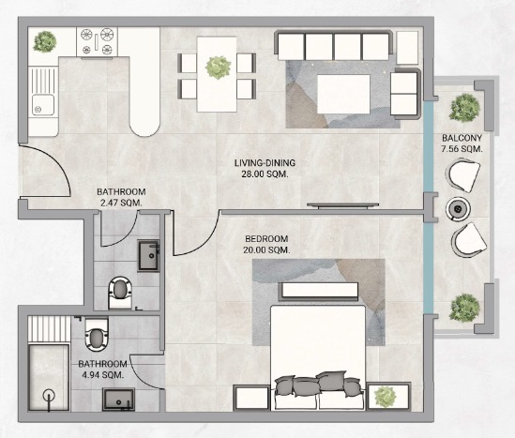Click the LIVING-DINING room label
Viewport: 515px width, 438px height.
[x=265, y=163]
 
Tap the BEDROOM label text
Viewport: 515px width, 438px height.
[x=266, y=239]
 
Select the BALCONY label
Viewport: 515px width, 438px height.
[x=462, y=138]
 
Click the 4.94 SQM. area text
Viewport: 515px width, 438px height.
[x=103, y=374]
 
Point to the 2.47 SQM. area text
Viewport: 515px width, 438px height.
[x=121, y=203]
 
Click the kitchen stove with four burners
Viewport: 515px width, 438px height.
[x=98, y=41]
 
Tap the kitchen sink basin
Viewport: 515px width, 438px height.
[x=43, y=105]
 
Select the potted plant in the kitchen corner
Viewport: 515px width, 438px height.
[x=45, y=41]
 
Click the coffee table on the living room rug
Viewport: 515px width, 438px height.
[x=343, y=94]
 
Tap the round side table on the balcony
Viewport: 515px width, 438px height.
[x=458, y=208]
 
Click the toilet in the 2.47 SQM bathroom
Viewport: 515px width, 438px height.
[x=119, y=293]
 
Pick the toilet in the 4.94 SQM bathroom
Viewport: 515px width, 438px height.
[x=97, y=334]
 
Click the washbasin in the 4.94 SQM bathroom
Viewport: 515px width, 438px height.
[x=118, y=400]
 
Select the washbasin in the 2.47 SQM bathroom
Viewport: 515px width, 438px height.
[x=149, y=255]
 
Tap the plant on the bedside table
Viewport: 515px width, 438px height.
[x=386, y=396]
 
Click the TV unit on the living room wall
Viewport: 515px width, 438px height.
[x=343, y=205]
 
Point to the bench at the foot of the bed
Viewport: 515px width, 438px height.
[x=318, y=291]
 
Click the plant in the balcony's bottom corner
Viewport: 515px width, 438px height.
[x=464, y=308]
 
